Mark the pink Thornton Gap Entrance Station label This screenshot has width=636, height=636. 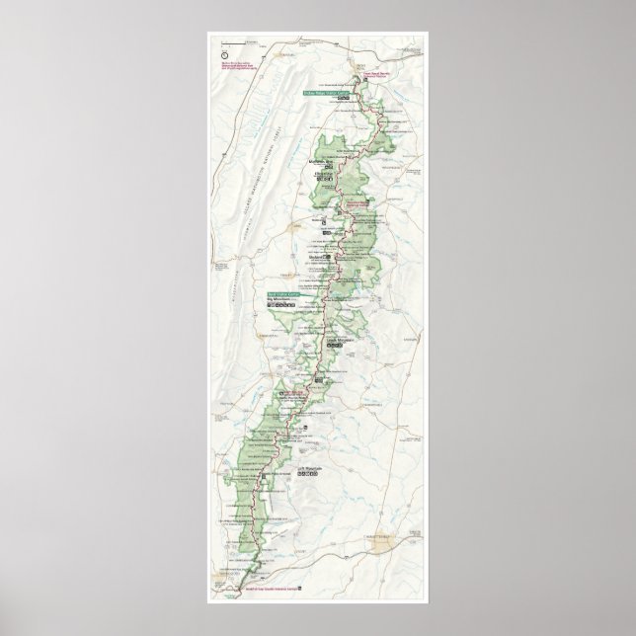(366, 209)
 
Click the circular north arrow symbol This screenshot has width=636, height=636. (224, 43)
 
